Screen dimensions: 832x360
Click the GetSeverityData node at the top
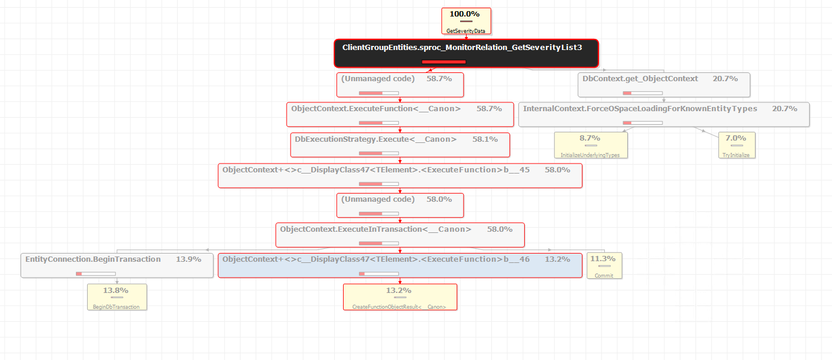[x=466, y=21]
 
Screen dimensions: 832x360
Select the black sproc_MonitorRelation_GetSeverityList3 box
[x=466, y=53]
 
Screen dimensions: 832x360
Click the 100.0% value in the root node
[x=464, y=14]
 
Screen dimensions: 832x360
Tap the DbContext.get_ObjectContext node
[x=664, y=85]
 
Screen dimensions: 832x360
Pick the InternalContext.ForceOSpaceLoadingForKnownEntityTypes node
[x=664, y=115]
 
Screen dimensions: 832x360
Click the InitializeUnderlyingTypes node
[x=591, y=145]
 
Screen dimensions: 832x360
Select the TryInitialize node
[x=737, y=145]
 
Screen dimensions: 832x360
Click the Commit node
[x=604, y=266]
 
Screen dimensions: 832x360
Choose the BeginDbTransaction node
[x=117, y=297]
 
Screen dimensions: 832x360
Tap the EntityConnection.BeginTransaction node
[x=117, y=265]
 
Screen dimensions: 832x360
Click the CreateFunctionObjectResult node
[x=400, y=297]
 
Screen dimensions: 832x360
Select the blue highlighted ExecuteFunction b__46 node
[x=400, y=265]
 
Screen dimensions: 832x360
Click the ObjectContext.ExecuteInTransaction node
[x=400, y=235]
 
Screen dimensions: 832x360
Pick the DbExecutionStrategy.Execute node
[x=400, y=145]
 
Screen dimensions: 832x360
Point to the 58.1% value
[x=485, y=139]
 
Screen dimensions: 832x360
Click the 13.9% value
[x=188, y=259]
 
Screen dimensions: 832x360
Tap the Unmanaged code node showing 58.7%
[x=400, y=85]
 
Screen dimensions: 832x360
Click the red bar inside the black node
[x=444, y=62]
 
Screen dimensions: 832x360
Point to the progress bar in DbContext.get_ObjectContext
[x=643, y=93]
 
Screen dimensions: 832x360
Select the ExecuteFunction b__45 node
[x=400, y=175]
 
